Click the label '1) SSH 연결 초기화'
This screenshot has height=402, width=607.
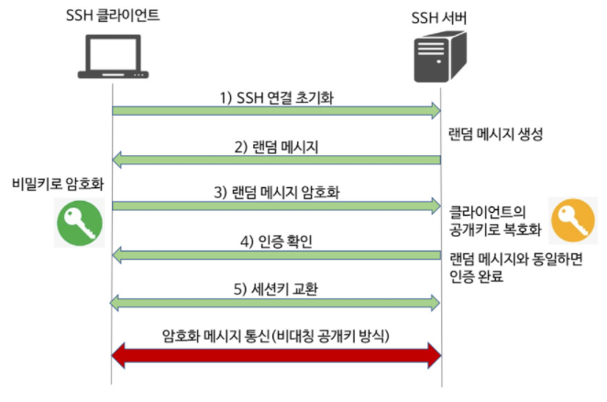click(x=276, y=96)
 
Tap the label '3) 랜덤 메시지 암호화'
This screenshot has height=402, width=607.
click(x=276, y=193)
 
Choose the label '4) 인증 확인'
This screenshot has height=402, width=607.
click(x=276, y=241)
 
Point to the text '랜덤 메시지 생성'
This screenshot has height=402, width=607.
click(x=496, y=134)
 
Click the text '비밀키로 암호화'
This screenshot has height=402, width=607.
click(x=52, y=183)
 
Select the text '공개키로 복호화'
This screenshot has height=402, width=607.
click(x=495, y=229)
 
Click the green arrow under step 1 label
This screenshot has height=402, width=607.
click(x=276, y=111)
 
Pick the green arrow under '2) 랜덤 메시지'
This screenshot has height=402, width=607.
click(x=276, y=161)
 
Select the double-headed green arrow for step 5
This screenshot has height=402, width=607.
click(x=276, y=301)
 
